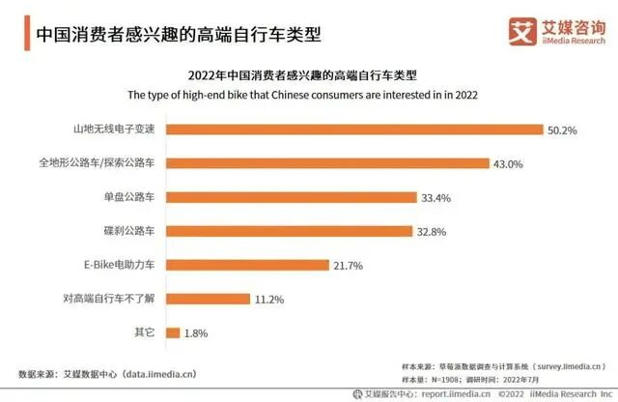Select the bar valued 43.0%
point(328,163)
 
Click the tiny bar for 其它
point(172,332)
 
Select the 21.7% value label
point(350,265)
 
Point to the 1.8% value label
point(195,332)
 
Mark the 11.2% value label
point(270,299)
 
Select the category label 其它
point(145,332)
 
